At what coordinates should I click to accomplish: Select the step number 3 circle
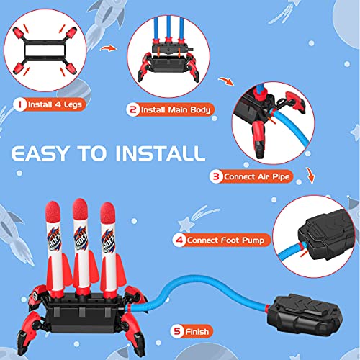click(x=215, y=174)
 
